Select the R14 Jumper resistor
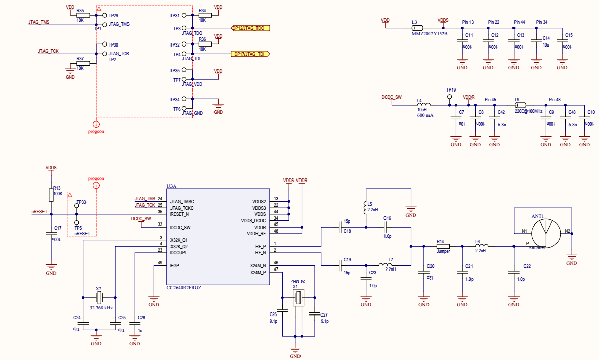443,247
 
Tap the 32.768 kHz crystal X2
99,297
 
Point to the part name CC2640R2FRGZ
184,288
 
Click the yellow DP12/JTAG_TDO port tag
250,28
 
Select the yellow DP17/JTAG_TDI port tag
250,54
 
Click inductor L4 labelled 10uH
423,105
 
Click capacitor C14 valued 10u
536,44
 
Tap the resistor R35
83,16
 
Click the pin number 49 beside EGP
160,263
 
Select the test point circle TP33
77,207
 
